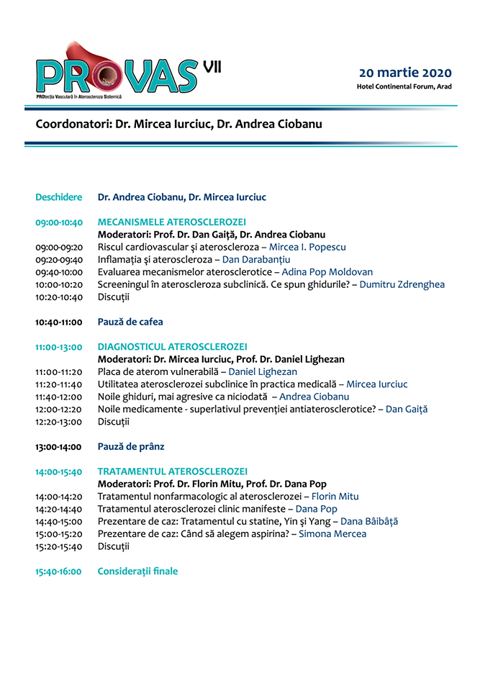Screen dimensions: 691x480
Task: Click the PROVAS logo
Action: (x=115, y=72)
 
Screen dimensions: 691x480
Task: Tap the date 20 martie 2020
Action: (x=405, y=73)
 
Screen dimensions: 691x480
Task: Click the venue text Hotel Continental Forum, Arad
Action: (x=404, y=87)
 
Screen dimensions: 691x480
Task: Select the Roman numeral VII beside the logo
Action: (x=212, y=66)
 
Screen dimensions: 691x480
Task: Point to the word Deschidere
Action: (x=59, y=197)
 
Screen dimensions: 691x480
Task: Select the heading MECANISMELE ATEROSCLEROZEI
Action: (x=172, y=222)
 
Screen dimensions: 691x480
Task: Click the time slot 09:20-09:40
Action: (x=59, y=259)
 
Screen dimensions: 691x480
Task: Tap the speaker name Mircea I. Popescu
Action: (x=307, y=247)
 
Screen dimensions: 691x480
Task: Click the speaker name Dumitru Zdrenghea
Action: (x=402, y=284)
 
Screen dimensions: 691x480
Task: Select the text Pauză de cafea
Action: (x=130, y=322)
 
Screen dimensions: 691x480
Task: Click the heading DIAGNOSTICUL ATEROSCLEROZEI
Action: (x=172, y=347)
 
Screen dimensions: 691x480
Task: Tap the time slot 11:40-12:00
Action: (x=59, y=397)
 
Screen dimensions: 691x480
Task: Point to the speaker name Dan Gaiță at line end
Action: (x=407, y=409)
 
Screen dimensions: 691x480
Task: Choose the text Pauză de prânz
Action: (x=131, y=446)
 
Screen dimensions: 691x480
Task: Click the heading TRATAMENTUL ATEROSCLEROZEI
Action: (x=172, y=471)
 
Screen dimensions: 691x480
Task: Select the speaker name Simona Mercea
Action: (x=332, y=533)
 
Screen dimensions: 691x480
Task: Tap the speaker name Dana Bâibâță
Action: (x=369, y=521)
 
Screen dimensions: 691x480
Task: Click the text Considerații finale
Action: (x=137, y=571)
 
